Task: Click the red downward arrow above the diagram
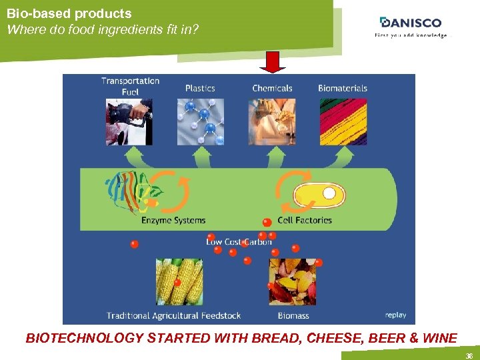(x=273, y=61)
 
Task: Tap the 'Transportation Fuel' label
(x=130, y=86)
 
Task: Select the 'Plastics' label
(x=200, y=88)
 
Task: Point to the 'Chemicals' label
(x=272, y=88)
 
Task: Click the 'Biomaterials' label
(x=343, y=88)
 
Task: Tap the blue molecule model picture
(x=201, y=122)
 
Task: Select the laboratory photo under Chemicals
(x=272, y=122)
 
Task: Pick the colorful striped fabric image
(x=343, y=122)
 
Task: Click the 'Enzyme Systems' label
(x=173, y=220)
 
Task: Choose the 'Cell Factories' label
(x=305, y=220)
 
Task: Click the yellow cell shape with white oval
(x=320, y=195)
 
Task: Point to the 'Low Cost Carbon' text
(x=239, y=242)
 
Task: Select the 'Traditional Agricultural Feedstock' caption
(x=174, y=315)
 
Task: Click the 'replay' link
(x=395, y=315)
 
